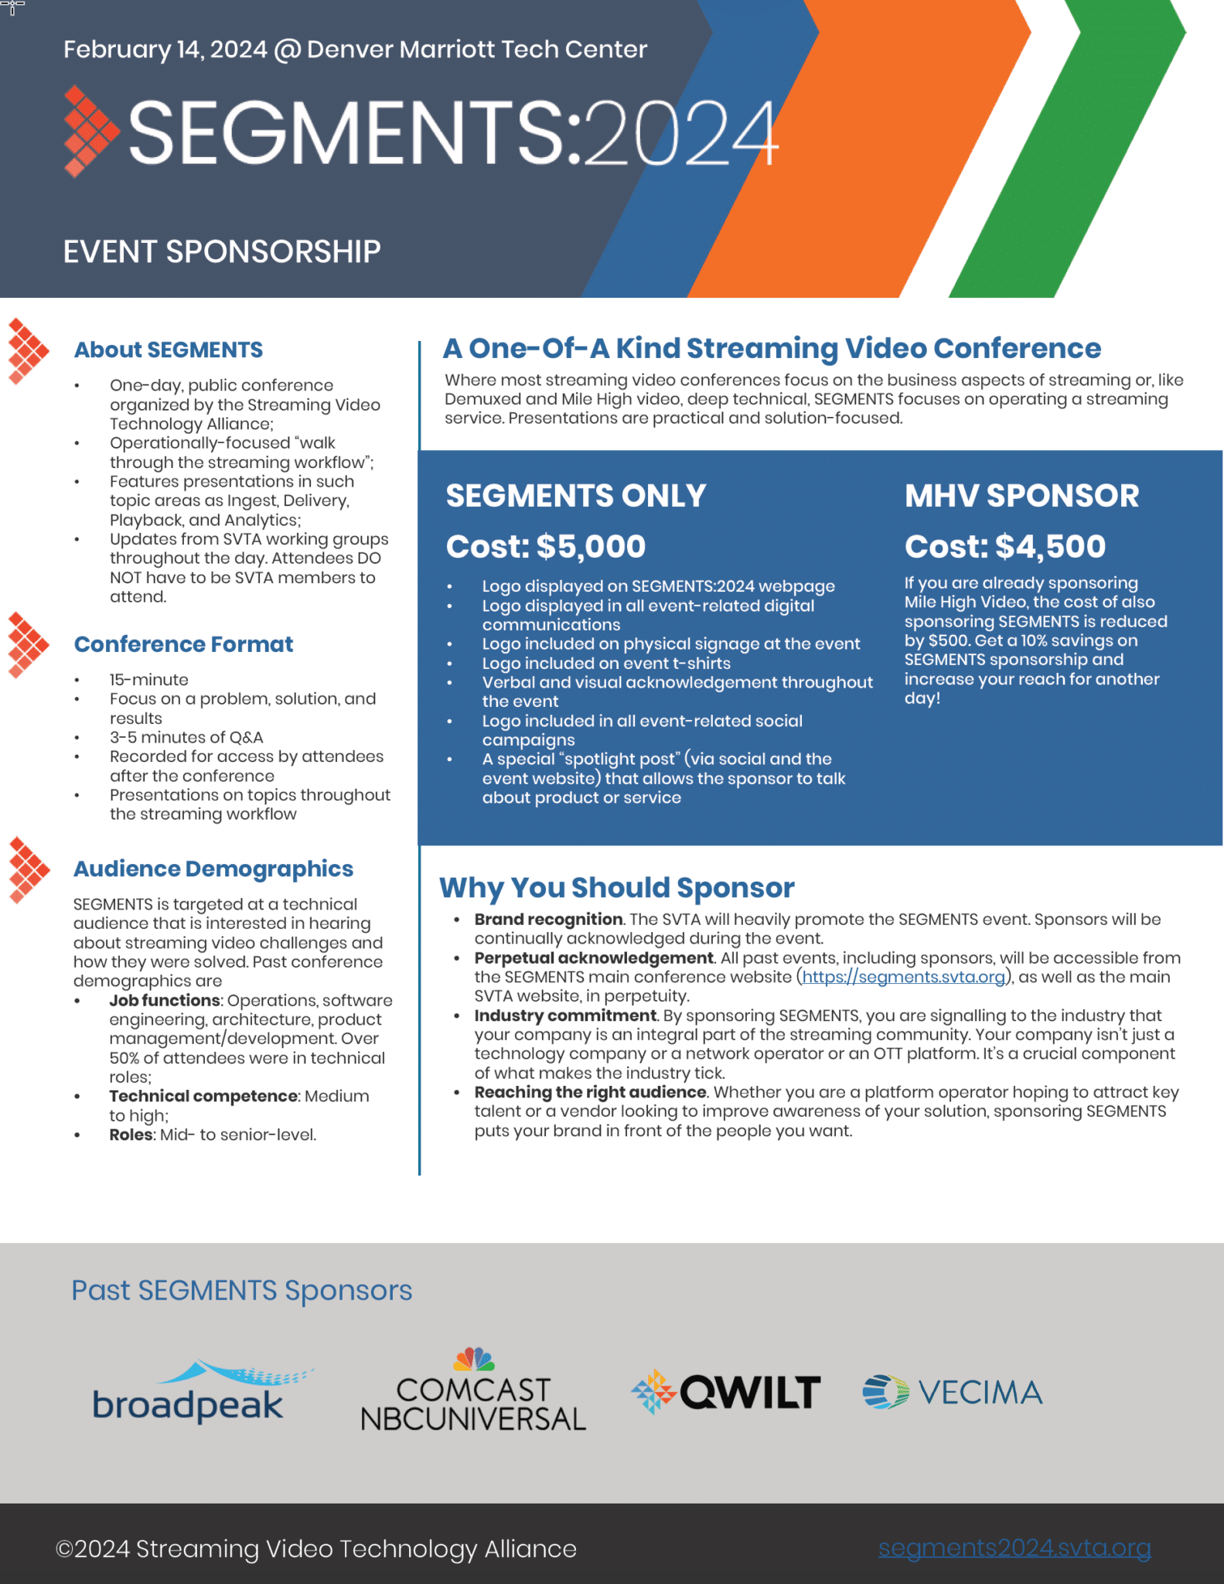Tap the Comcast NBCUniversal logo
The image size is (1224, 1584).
(x=473, y=1393)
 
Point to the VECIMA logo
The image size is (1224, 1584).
(x=953, y=1392)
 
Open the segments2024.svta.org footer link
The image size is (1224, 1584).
(x=1014, y=1548)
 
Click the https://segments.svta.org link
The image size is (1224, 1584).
(x=903, y=977)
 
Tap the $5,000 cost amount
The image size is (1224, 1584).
(x=591, y=547)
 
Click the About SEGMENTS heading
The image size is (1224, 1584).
(x=169, y=350)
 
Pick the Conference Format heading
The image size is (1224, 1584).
(x=183, y=644)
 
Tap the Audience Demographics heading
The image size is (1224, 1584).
(x=213, y=869)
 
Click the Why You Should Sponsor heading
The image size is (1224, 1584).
(x=617, y=888)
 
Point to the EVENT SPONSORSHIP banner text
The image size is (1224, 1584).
(x=222, y=252)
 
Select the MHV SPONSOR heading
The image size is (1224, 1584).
(x=1021, y=496)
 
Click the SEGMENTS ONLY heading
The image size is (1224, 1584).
(x=576, y=496)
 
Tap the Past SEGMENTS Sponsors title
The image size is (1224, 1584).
(x=242, y=1291)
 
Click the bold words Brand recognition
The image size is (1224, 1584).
(x=548, y=920)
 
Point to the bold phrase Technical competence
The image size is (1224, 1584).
(x=203, y=1096)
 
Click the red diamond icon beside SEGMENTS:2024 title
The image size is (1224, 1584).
(x=90, y=131)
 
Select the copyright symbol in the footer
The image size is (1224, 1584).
(x=64, y=1549)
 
